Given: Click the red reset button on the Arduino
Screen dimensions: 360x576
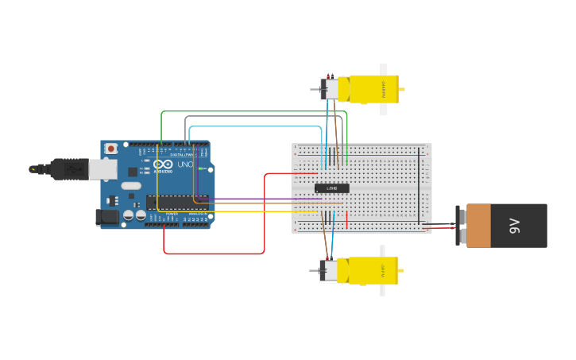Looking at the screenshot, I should click(x=111, y=149).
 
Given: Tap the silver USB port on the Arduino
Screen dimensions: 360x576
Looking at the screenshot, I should click(x=102, y=168).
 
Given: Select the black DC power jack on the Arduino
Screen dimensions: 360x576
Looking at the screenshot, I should click(x=106, y=216).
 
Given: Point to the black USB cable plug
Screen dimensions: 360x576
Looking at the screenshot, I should click(x=70, y=168).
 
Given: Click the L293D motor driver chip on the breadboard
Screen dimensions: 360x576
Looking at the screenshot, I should click(x=331, y=188).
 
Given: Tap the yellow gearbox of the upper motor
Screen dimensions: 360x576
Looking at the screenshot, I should click(x=373, y=89).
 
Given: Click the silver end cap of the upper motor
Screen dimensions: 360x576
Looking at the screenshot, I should click(x=327, y=89).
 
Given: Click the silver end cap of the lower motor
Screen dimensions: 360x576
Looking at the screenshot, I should click(x=327, y=271).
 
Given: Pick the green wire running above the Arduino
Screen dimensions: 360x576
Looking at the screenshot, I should click(x=254, y=111).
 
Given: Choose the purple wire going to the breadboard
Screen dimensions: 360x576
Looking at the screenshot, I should click(x=262, y=199).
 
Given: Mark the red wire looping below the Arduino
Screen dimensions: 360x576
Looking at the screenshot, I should click(x=215, y=254).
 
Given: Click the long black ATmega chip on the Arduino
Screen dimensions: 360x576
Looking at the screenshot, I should click(x=176, y=202).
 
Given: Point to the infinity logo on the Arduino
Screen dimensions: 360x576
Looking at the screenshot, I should click(x=163, y=164).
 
